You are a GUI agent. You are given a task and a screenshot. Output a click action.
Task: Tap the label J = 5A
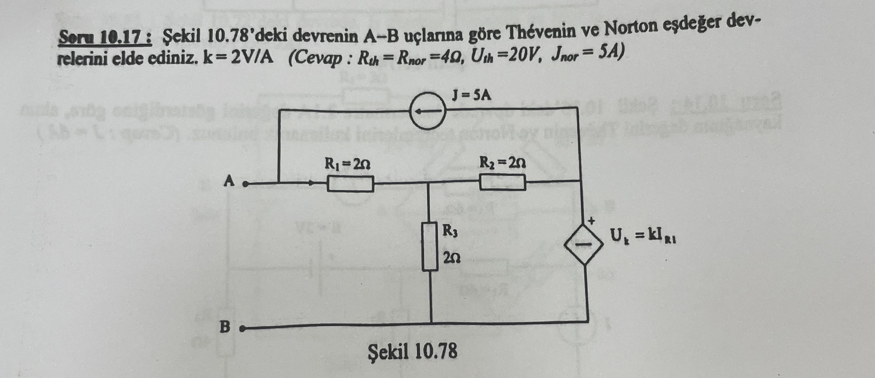(x=471, y=96)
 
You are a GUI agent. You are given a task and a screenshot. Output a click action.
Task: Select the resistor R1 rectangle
(x=350, y=184)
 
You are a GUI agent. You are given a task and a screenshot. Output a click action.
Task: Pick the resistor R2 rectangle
(x=503, y=182)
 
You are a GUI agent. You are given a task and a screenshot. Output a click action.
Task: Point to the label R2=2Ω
(x=502, y=163)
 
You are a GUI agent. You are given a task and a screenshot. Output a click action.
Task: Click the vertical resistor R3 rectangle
(x=430, y=246)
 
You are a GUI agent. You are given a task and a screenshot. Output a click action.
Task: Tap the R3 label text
(x=450, y=232)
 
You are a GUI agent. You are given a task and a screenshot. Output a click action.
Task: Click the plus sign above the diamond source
(x=591, y=221)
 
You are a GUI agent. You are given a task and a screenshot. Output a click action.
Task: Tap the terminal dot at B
(x=242, y=329)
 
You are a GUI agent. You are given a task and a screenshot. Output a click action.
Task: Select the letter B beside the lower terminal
(x=225, y=327)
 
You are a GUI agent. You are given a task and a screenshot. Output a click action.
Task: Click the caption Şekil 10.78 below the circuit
(x=412, y=351)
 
